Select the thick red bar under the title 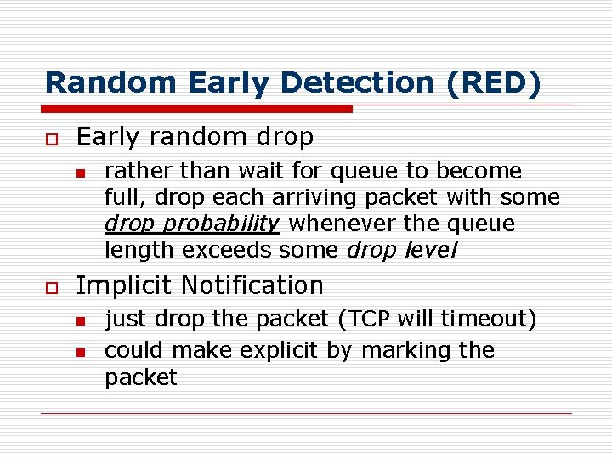tap(197, 109)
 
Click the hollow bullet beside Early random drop tap(50, 138)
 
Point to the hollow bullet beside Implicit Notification tap(50, 286)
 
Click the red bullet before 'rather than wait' tap(80, 172)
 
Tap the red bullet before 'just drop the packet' tap(80, 320)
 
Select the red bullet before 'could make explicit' tap(80, 352)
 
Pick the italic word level tap(432, 251)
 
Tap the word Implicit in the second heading tap(125, 286)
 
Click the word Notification tap(252, 286)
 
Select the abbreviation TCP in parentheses tap(364, 319)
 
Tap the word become tap(480, 172)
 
